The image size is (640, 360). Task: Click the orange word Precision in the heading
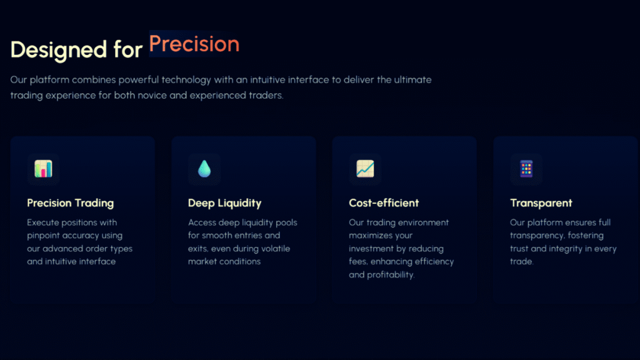coord(194,44)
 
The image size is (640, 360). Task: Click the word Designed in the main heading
coord(58,49)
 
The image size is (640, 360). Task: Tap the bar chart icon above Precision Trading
coord(43,169)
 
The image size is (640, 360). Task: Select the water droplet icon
coord(204,169)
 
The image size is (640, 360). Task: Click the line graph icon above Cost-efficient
coord(365,169)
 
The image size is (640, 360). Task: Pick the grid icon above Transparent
coord(526,169)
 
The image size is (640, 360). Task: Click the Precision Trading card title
coord(71,203)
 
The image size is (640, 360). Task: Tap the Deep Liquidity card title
coord(224,203)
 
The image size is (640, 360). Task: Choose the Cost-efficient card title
coord(384,203)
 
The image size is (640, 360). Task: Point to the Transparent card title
coord(541,203)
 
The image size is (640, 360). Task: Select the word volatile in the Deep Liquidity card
coord(276,249)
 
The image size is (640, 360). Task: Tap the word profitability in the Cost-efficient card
coord(391,275)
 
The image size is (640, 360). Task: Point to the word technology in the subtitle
coord(186,79)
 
